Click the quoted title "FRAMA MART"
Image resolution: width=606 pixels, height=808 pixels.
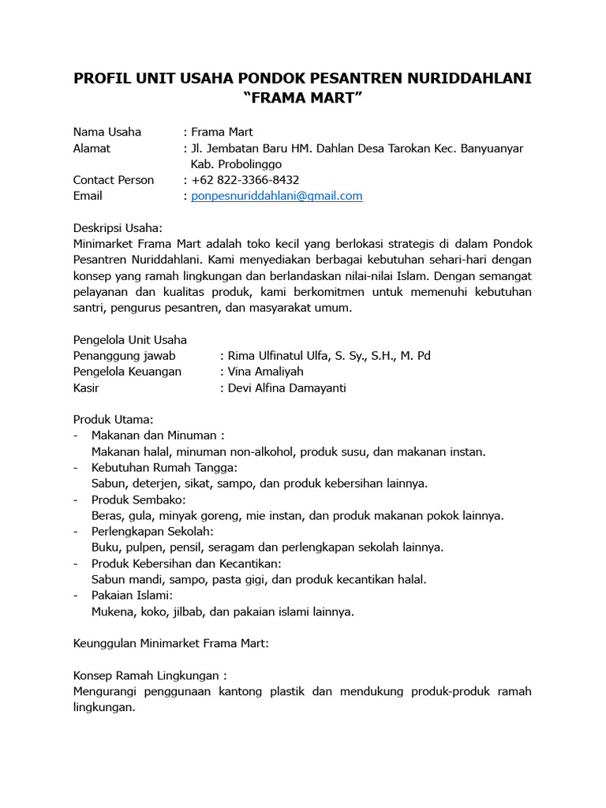(x=302, y=99)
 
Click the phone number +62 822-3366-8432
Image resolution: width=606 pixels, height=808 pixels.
(x=245, y=180)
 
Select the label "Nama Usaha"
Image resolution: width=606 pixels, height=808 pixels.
(x=107, y=132)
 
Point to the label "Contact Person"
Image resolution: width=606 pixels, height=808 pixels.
(x=114, y=180)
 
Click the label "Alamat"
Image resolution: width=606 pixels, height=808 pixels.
(x=92, y=148)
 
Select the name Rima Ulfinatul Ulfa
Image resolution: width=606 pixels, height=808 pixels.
(x=285, y=356)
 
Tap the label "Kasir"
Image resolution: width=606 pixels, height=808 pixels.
(x=87, y=388)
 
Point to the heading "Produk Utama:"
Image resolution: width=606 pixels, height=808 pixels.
(x=113, y=420)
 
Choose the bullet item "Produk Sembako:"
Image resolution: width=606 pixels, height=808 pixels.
(x=139, y=500)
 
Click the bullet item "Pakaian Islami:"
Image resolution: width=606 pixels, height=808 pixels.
(x=132, y=596)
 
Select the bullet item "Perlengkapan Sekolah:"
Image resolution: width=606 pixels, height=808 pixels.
(x=152, y=532)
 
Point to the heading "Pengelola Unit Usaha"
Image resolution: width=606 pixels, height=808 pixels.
(x=130, y=340)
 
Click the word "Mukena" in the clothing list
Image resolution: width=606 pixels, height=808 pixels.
(x=112, y=612)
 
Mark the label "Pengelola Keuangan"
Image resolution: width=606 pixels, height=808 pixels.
(x=128, y=372)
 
